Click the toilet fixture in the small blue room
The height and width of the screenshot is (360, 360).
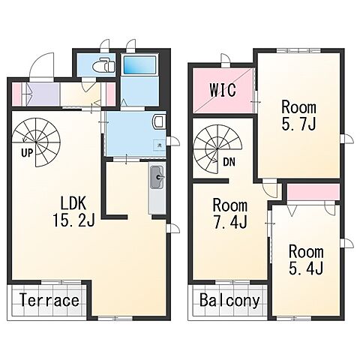pyautogui.click(x=103, y=65)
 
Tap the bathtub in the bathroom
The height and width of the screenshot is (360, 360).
pyautogui.click(x=140, y=64)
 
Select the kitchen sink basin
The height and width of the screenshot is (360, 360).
pyautogui.click(x=157, y=177)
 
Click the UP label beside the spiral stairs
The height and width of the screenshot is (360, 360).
pyautogui.click(x=27, y=153)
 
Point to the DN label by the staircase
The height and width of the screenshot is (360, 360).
pyautogui.click(x=229, y=162)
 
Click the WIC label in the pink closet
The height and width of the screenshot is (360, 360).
pyautogui.click(x=223, y=90)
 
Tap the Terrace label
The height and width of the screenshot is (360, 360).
pyautogui.click(x=49, y=300)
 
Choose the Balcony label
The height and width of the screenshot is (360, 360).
pyautogui.click(x=229, y=300)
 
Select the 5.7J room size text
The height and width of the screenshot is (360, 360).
pyautogui.click(x=298, y=124)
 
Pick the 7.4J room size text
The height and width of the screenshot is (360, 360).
pyautogui.click(x=230, y=221)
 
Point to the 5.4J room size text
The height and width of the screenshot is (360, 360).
pyautogui.click(x=306, y=268)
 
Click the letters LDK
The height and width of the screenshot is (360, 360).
pyautogui.click(x=73, y=203)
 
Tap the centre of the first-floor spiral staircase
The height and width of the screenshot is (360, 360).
pyautogui.click(x=36, y=142)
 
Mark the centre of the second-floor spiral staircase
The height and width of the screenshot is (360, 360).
pyautogui.click(x=217, y=149)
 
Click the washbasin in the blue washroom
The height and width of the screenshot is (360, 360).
pyautogui.click(x=159, y=121)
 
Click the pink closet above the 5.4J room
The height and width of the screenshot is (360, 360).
pyautogui.click(x=313, y=192)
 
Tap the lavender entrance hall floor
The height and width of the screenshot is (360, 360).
pyautogui.click(x=43, y=94)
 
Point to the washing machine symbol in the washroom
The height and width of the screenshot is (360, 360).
pyautogui.click(x=159, y=145)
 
